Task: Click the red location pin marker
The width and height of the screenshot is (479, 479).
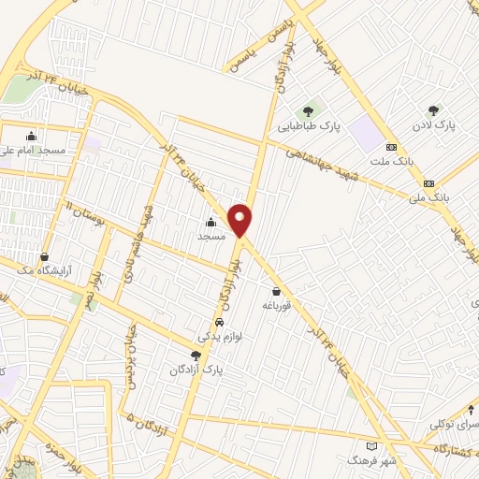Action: pyautogui.click(x=241, y=218)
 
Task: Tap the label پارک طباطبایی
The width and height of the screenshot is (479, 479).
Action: pyautogui.click(x=309, y=123)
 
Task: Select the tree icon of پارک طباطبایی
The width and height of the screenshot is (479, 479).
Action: pyautogui.click(x=309, y=111)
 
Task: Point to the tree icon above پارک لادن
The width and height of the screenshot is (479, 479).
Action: pyautogui.click(x=432, y=110)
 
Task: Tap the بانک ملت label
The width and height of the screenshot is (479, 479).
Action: pyautogui.click(x=392, y=161)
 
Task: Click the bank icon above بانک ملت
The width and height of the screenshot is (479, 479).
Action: pyautogui.click(x=392, y=148)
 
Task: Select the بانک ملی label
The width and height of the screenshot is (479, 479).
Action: pyautogui.click(x=430, y=196)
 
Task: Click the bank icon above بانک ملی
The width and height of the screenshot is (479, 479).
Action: pyautogui.click(x=429, y=183)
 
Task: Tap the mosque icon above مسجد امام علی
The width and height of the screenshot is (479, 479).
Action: pyautogui.click(x=33, y=137)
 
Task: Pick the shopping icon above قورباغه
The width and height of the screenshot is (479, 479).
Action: pyautogui.click(x=279, y=292)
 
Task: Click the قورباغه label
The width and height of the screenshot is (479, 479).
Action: pyautogui.click(x=279, y=305)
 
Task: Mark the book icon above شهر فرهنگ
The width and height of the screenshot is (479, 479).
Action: pyautogui.click(x=373, y=447)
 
